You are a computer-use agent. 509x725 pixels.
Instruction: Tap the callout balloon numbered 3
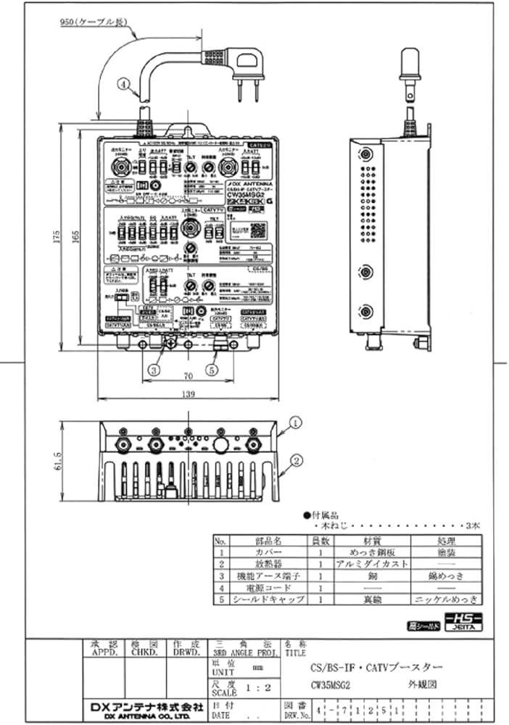154,370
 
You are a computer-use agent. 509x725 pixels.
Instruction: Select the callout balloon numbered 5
211,370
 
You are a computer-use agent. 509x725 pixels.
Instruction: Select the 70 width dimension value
187,377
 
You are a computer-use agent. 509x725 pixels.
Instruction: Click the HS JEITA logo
461,623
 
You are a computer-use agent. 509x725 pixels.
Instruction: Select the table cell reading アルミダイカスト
371,564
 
